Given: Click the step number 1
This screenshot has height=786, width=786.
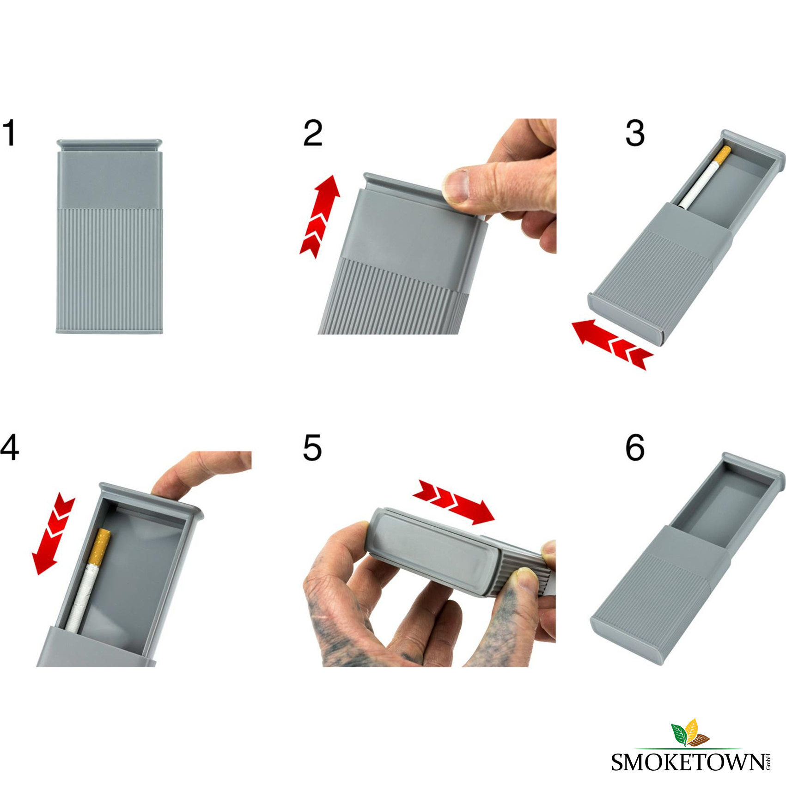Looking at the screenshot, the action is (9, 133).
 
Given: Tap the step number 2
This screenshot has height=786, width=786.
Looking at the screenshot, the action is (313, 133).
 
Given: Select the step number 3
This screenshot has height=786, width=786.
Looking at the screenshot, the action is (635, 133).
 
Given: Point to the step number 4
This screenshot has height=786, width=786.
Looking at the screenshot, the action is (10, 447).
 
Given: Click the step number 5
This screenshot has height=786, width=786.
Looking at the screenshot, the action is (312, 447).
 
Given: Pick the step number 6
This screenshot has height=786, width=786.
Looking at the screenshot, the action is (635, 447).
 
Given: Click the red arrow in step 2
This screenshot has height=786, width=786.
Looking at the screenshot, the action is (320, 216).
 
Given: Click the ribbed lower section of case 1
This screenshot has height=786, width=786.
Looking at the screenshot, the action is (110, 270).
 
